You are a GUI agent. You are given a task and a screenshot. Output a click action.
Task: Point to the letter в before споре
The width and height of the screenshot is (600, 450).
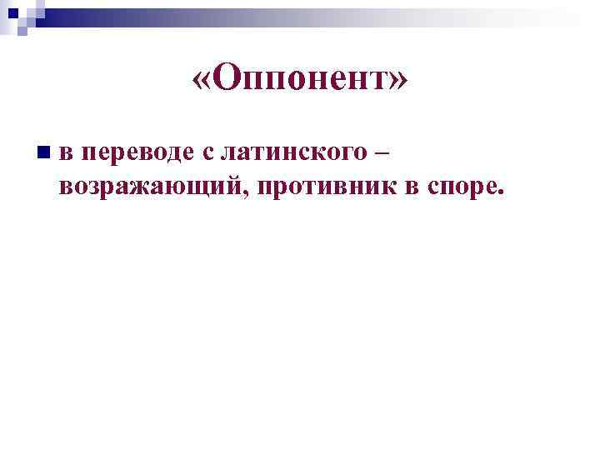tap(411, 186)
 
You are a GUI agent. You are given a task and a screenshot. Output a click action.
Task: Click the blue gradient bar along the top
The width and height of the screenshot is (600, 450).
tap(333, 13)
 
